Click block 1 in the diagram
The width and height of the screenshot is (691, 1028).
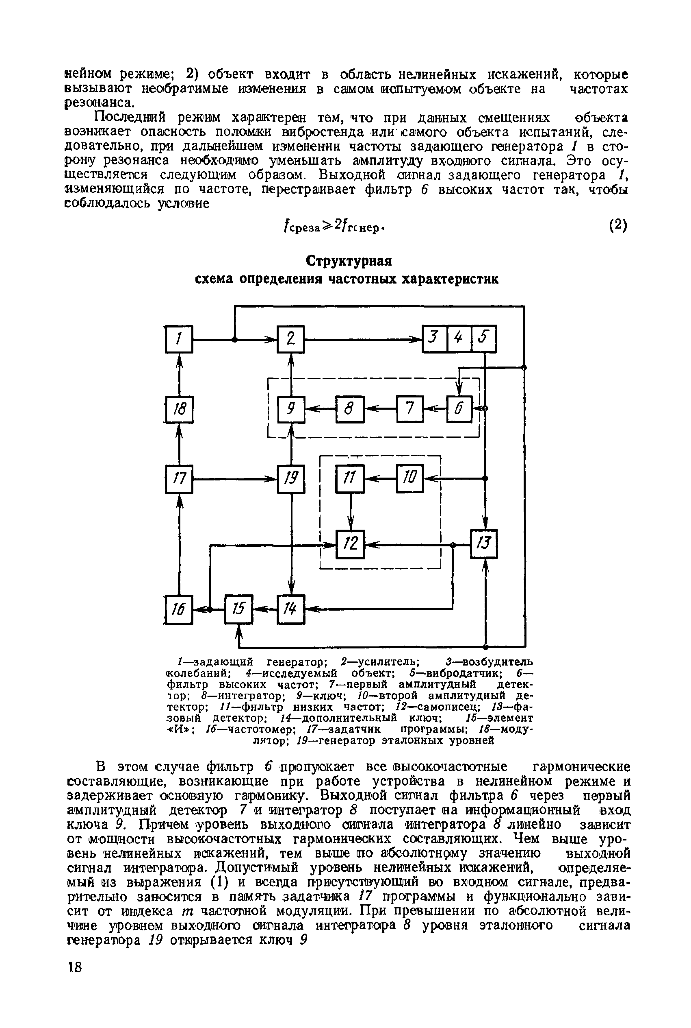tap(178, 339)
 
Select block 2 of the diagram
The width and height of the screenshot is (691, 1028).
tap(290, 339)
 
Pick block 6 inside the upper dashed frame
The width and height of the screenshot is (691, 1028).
tap(459, 409)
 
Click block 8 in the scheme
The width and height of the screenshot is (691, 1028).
tap(350, 409)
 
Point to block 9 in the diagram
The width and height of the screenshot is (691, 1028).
tap(290, 409)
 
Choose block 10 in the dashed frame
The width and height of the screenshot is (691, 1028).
tap(410, 478)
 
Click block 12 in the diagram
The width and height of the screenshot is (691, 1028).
tap(350, 544)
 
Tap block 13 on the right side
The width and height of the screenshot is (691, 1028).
tap(484, 544)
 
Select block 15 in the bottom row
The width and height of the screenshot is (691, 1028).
tap(238, 609)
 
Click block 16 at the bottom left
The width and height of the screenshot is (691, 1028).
tap(178, 609)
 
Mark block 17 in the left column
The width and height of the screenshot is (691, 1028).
tap(178, 478)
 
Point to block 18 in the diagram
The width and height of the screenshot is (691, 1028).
tap(179, 409)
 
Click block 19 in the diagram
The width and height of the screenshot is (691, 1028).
tap(291, 478)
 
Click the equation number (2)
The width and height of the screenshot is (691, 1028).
tap(618, 225)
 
